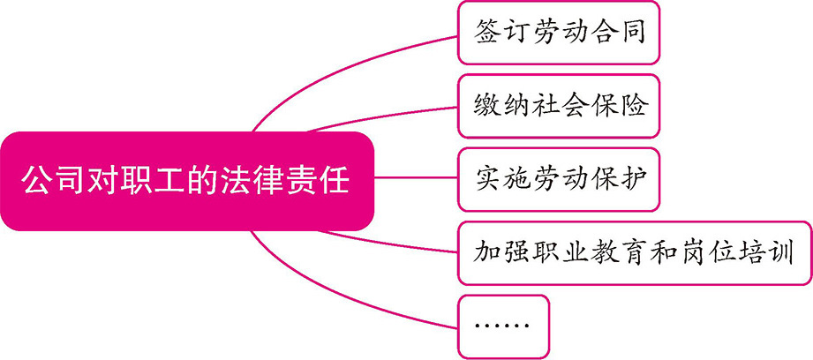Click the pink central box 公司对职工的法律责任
pos(185,181)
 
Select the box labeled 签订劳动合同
pos(559,34)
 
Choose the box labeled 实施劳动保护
pos(559,180)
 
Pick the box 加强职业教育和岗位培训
pos(633,253)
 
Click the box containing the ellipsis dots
pos(502,326)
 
